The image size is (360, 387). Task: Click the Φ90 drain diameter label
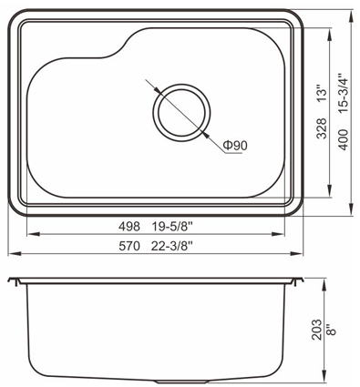pyautogui.click(x=235, y=146)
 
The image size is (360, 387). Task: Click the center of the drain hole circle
pyautogui.click(x=181, y=113)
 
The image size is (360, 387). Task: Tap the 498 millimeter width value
pyautogui.click(x=129, y=227)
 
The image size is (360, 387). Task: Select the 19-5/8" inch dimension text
pyautogui.click(x=172, y=227)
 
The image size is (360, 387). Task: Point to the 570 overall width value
pyautogui.click(x=129, y=246)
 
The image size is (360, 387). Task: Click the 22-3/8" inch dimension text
pyautogui.click(x=172, y=246)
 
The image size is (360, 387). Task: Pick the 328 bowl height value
pyautogui.click(x=322, y=128)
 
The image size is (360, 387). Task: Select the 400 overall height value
pyautogui.click(x=344, y=139)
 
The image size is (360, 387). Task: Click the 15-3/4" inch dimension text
pyautogui.click(x=344, y=93)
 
